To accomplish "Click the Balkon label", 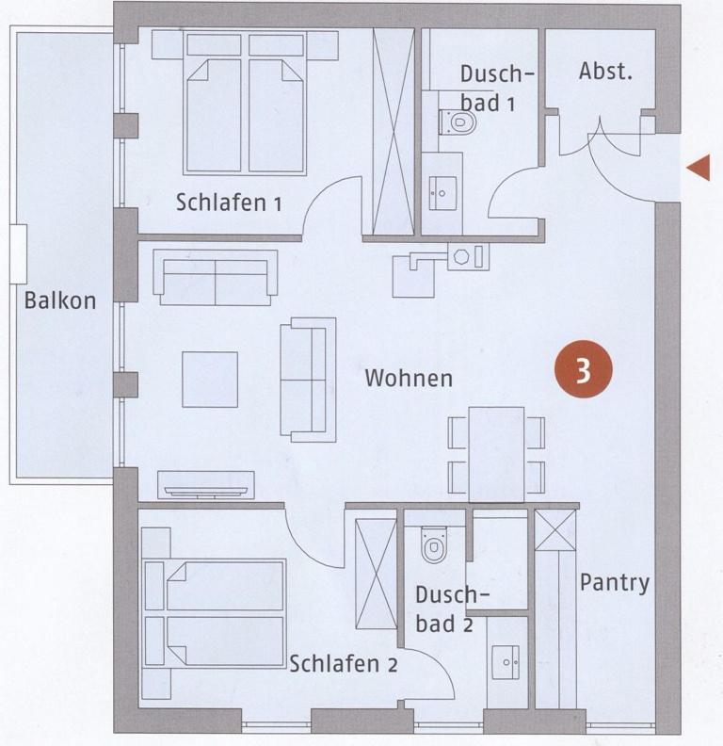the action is [x=60, y=300].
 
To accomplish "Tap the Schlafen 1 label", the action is [x=229, y=203].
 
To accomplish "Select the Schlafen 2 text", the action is [x=343, y=664].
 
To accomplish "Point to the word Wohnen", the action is [x=409, y=379].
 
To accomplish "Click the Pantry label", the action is [x=615, y=583].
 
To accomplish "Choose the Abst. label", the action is [x=605, y=71].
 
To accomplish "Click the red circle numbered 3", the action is [x=583, y=368].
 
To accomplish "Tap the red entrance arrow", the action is [x=699, y=168].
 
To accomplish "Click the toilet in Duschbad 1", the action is [x=458, y=122].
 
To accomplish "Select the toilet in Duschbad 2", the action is [x=434, y=543].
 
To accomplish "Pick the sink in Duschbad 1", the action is [x=442, y=193].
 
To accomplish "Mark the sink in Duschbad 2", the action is [x=506, y=662].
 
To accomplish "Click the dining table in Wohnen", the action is [x=496, y=454].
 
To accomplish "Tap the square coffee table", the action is [x=210, y=380].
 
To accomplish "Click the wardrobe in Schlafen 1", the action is [x=394, y=131].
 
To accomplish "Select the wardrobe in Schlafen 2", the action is [x=376, y=574].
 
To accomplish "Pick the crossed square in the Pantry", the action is [x=554, y=529].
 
